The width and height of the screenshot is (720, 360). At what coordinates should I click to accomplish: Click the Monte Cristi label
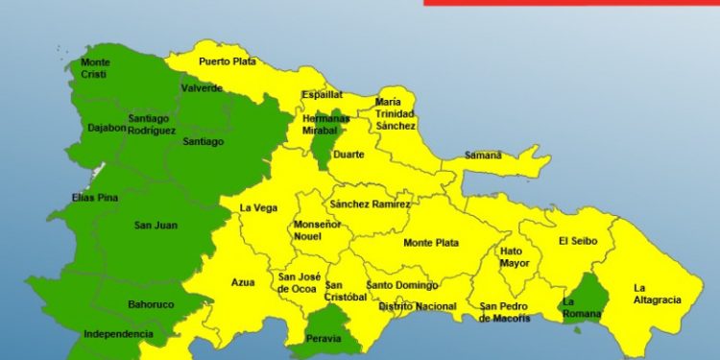[x=94, y=69]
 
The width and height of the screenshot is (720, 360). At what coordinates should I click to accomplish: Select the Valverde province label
[x=202, y=88]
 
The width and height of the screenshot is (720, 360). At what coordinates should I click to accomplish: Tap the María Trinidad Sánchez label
[x=396, y=113]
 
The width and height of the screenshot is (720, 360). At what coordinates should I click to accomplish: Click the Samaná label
[x=483, y=155]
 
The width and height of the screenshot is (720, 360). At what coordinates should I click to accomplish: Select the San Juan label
[x=155, y=226]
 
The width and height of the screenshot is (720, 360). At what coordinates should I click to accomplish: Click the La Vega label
[x=258, y=207]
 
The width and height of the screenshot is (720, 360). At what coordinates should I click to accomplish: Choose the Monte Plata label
[x=431, y=243]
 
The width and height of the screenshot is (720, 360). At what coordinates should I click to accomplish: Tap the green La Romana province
[x=583, y=298]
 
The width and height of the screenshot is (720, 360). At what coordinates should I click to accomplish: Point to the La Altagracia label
[x=657, y=293]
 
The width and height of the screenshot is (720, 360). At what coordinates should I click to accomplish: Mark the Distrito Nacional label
[x=417, y=306]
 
